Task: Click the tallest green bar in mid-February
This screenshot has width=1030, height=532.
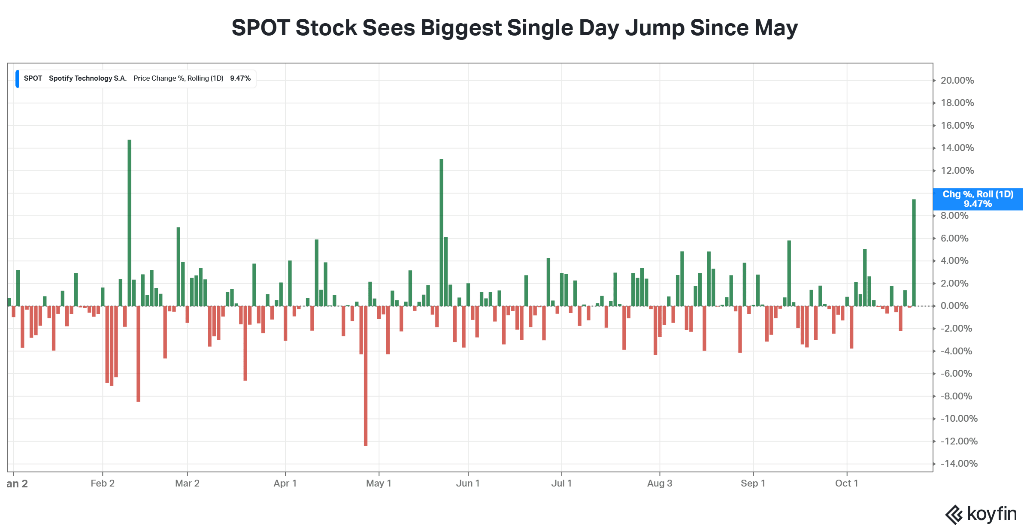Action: click(129, 223)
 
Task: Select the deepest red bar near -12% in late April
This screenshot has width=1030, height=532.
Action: click(366, 376)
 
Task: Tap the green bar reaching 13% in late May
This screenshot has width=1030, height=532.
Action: click(441, 232)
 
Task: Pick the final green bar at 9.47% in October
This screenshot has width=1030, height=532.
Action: click(914, 253)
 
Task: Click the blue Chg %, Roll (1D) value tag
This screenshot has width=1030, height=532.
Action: click(978, 199)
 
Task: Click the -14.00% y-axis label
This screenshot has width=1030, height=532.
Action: click(959, 463)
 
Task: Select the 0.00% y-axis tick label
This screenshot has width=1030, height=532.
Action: click(954, 305)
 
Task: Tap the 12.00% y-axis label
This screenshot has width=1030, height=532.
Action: click(957, 170)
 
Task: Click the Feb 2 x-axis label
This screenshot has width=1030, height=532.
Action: click(103, 483)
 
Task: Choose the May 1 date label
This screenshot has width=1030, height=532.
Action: click(379, 483)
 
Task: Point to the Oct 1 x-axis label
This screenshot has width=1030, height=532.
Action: click(846, 483)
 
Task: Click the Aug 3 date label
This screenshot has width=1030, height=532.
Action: click(660, 483)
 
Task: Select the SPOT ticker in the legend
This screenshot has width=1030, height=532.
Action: click(33, 78)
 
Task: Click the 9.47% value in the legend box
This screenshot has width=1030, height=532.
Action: click(240, 78)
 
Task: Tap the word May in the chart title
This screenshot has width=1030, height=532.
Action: click(776, 28)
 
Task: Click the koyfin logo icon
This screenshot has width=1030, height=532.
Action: click(954, 514)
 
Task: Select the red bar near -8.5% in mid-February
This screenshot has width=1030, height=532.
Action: click(138, 354)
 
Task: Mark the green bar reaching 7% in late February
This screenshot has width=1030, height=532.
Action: click(179, 266)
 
